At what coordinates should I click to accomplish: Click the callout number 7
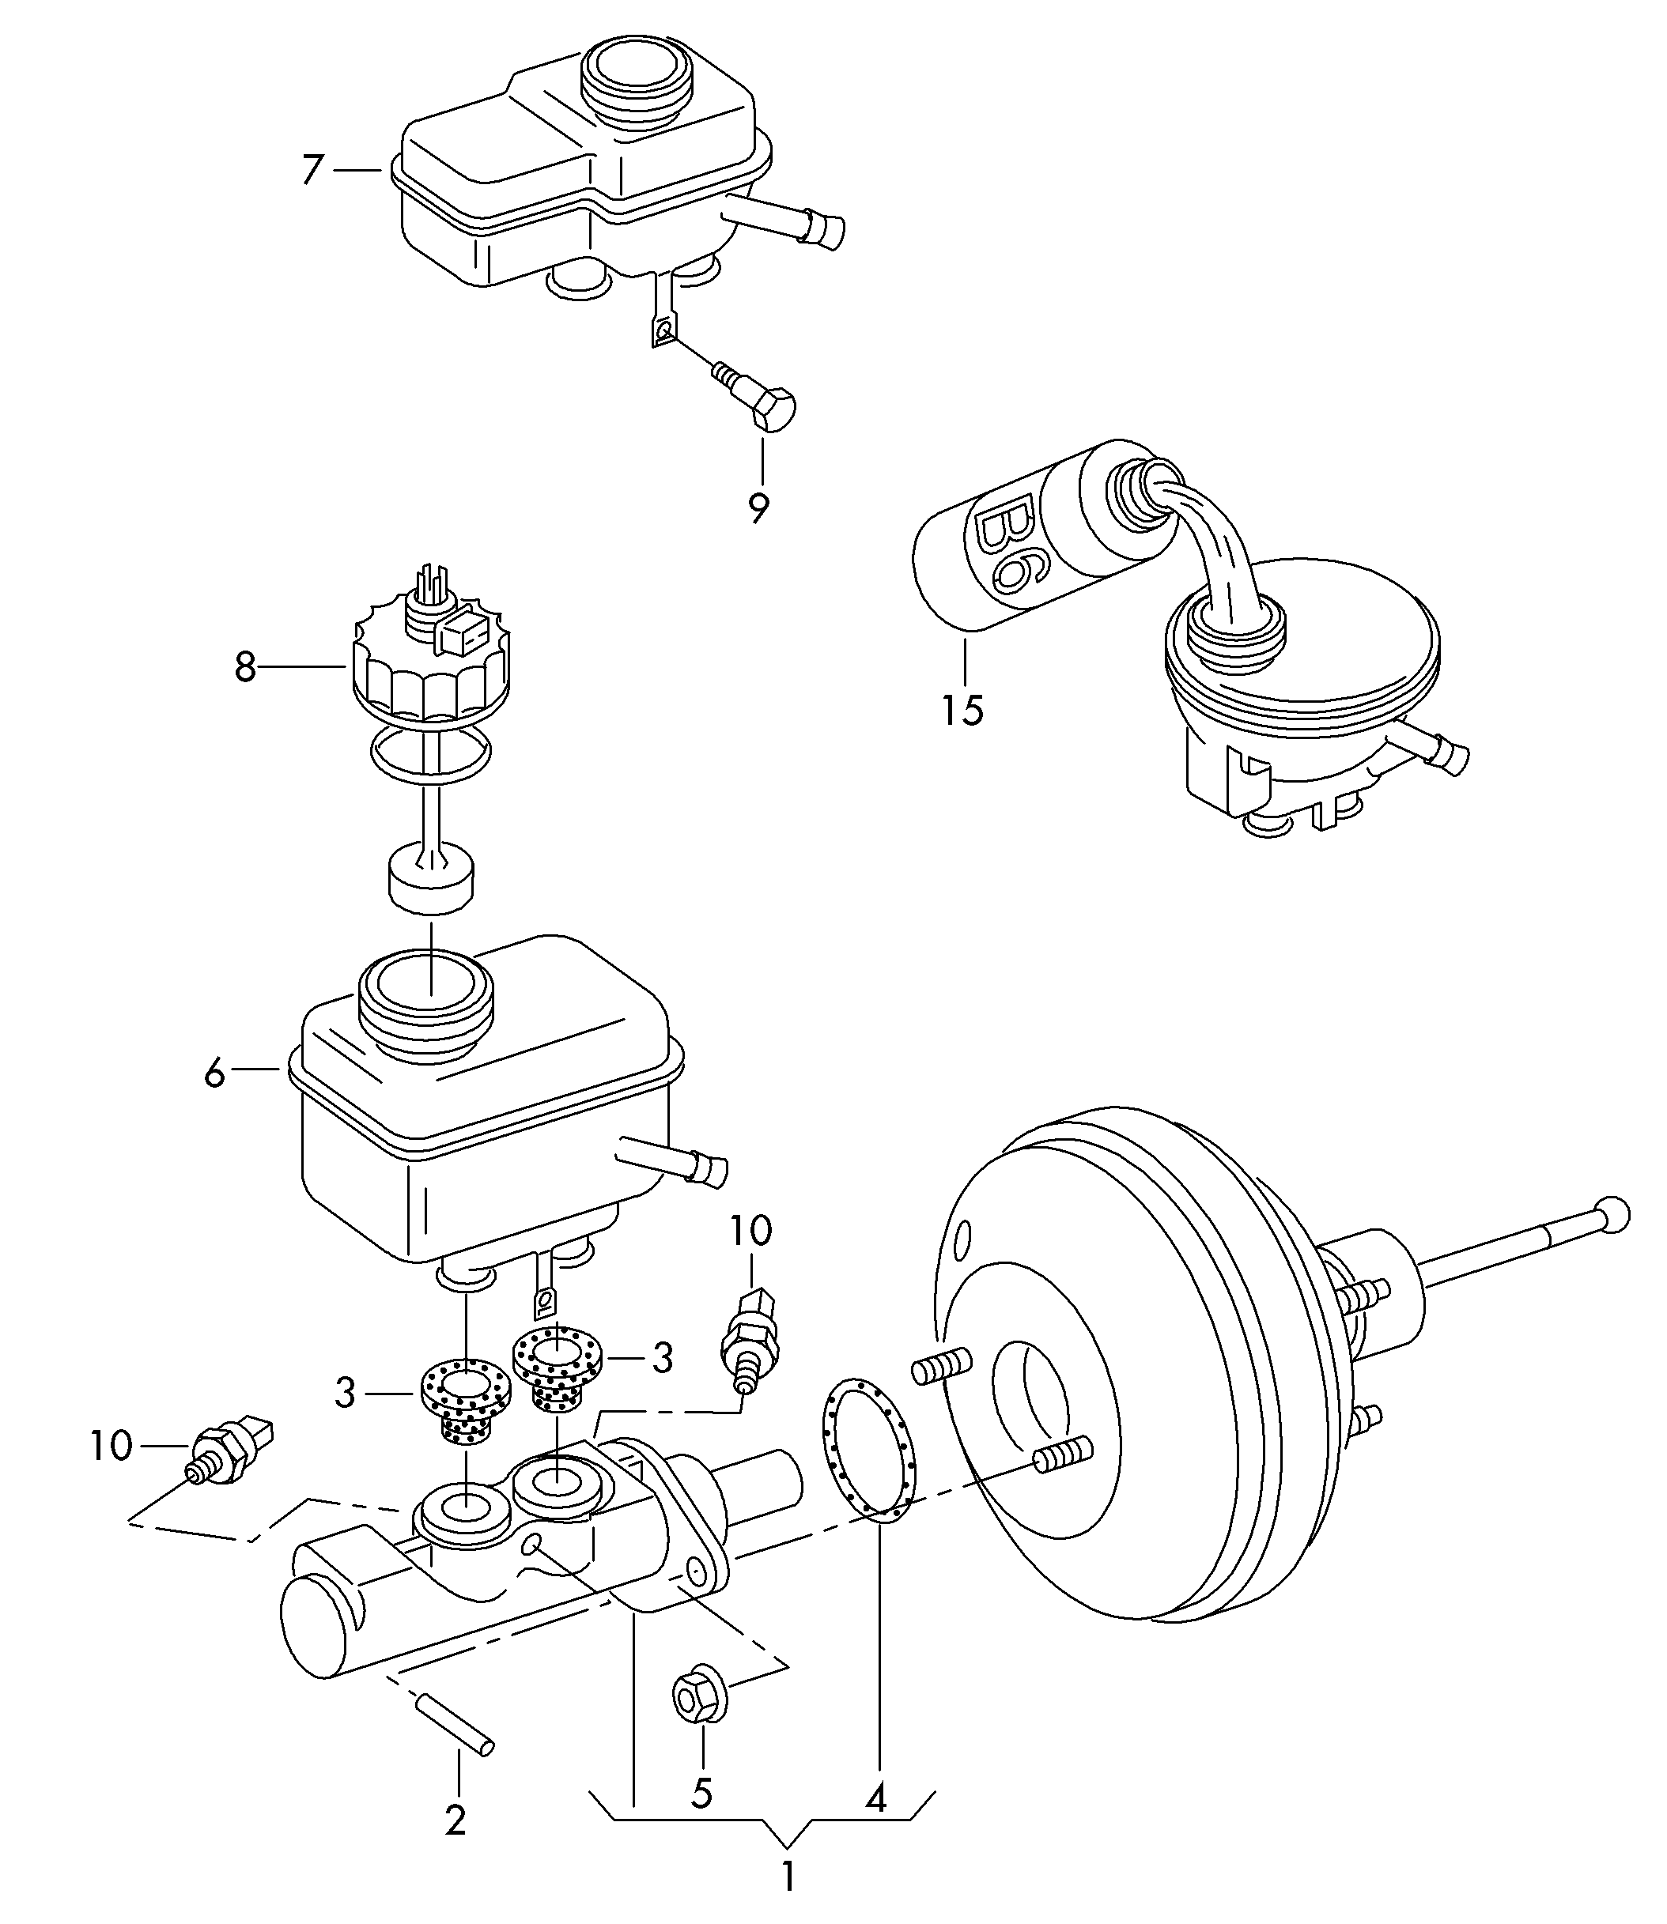(312, 170)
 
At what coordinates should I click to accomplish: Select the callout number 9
(760, 507)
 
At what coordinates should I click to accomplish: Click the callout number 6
(215, 1074)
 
